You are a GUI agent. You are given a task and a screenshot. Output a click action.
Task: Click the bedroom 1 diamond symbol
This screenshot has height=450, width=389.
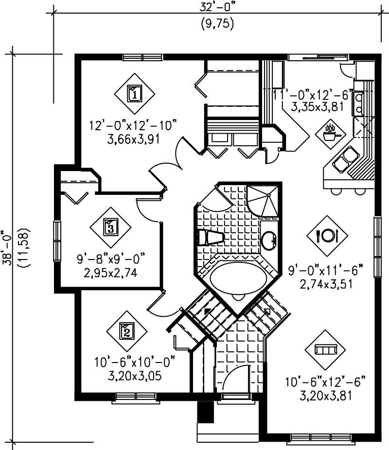[135, 92]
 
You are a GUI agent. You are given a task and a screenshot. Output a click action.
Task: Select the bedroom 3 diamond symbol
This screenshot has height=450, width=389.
[111, 227]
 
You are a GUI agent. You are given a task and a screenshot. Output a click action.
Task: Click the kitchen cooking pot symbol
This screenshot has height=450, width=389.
[331, 132]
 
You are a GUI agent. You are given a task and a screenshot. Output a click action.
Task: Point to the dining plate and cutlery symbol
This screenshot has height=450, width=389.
[327, 235]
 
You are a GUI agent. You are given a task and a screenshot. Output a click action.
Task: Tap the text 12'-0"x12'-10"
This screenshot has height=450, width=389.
[132, 125]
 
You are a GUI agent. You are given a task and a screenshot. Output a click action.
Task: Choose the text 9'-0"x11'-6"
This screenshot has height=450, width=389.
[326, 270]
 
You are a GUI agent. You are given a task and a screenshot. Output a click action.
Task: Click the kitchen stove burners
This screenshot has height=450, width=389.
[359, 103]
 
